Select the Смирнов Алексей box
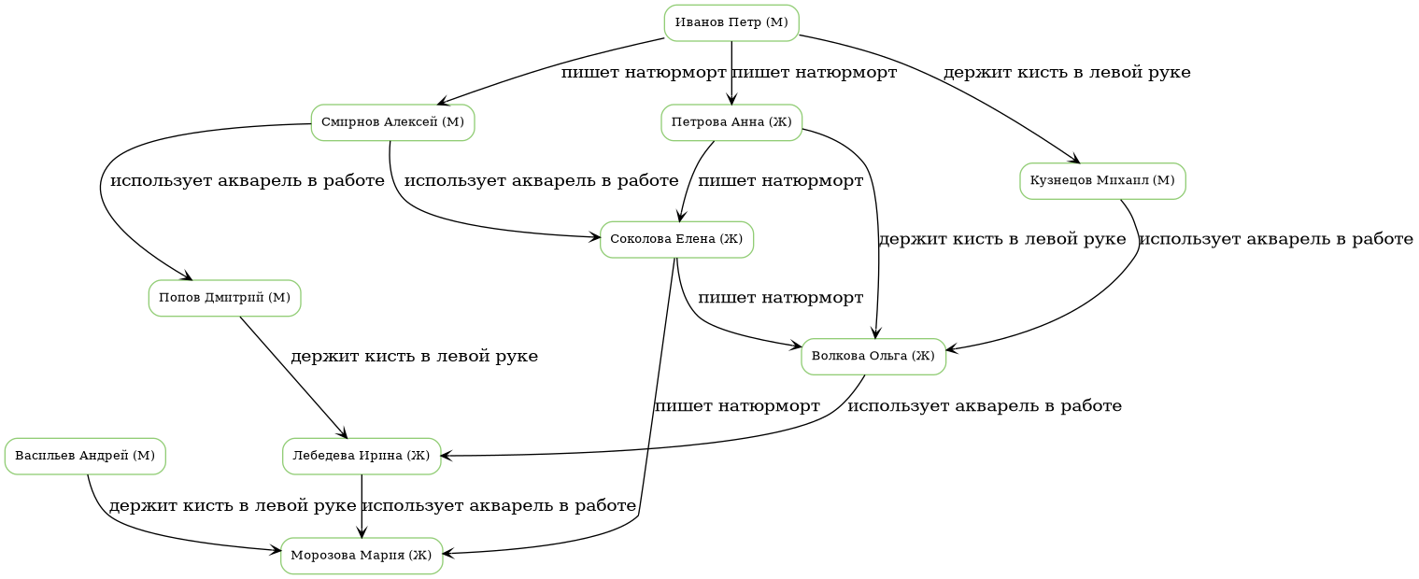pos(392,122)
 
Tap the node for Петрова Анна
pos(731,122)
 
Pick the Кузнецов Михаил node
pos(1102,181)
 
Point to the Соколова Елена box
pos(676,240)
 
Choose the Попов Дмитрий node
pos(224,298)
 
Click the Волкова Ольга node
pos(873,357)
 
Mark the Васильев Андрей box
pos(85,456)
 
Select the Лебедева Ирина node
pos(362,456)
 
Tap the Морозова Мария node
pos(362,556)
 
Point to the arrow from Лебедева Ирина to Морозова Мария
pos(362,505)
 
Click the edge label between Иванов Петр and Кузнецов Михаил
pos(1067,73)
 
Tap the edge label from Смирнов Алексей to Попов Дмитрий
pos(248,181)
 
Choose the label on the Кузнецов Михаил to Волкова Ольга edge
pos(1275,240)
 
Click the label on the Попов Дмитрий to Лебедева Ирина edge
pos(414,357)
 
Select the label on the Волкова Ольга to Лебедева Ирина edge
pos(984,406)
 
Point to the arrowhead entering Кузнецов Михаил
pos(1074,160)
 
